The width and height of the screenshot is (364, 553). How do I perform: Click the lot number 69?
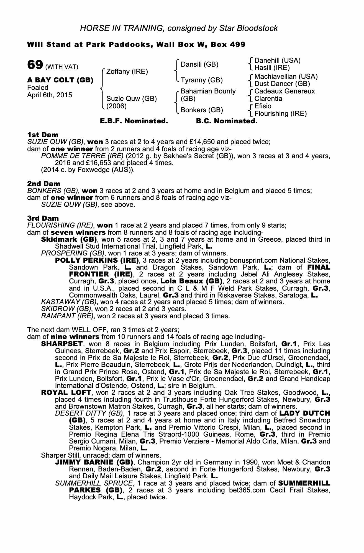35,65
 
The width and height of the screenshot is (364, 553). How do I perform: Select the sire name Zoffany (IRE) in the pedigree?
127,72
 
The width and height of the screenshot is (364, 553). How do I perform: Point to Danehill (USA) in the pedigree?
277,61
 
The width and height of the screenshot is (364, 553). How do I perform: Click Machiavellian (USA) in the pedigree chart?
286,76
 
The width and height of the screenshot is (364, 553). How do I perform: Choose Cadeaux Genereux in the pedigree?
284,91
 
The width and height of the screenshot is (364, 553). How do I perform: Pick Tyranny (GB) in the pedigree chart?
202,80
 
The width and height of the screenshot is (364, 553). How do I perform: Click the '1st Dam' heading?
43,135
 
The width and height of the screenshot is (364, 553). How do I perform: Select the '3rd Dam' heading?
43,218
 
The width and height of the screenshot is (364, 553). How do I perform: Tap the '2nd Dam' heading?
44,184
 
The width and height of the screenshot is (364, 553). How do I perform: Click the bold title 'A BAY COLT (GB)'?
60,80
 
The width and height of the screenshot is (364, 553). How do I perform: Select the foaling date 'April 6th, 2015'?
50,95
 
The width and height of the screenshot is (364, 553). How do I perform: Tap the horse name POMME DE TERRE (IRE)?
82,156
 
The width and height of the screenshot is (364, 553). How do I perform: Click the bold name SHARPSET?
62,344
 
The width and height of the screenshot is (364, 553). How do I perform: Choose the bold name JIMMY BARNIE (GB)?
94,462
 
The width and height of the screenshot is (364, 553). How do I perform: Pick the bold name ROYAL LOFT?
66,393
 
